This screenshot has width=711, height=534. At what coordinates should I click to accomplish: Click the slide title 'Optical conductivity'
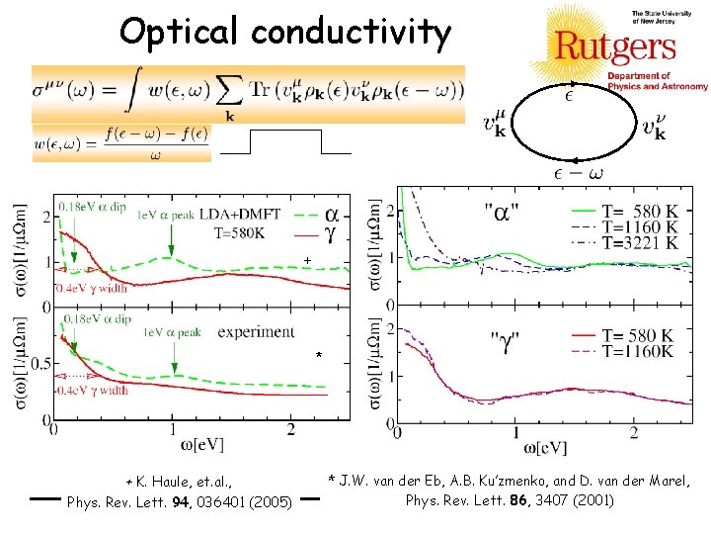pyautogui.click(x=284, y=33)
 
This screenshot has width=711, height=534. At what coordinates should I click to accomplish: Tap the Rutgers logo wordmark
pyautogui.click(x=614, y=45)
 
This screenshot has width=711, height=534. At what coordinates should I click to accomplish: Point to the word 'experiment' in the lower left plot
pyautogui.click(x=256, y=331)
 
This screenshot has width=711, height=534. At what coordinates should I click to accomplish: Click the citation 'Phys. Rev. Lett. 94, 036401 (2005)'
pyautogui.click(x=179, y=501)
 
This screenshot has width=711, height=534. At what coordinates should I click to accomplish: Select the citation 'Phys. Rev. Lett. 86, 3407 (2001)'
pyautogui.click(x=510, y=499)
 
